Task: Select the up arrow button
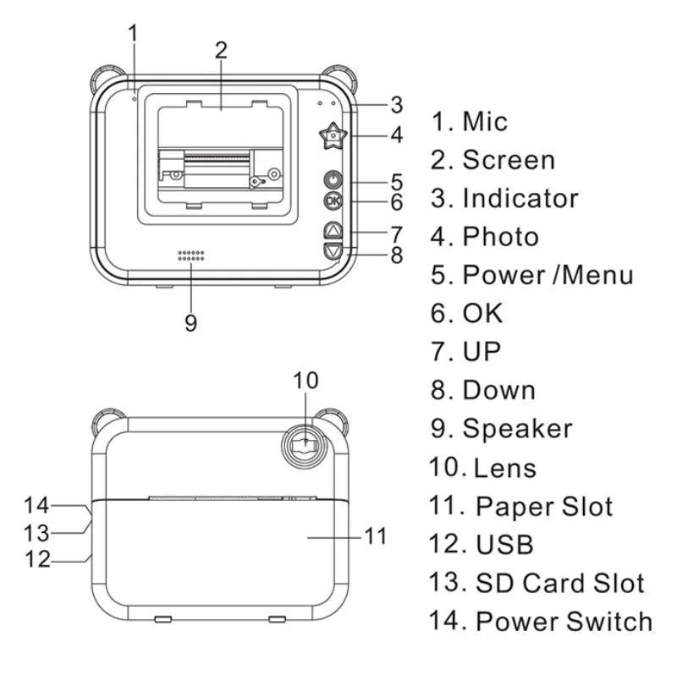tap(333, 230)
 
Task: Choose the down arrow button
tap(333, 250)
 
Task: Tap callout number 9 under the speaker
tap(191, 322)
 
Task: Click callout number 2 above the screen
tap(221, 49)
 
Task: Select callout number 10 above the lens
tap(306, 381)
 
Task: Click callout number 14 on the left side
tap(37, 506)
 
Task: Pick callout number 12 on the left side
tap(37, 559)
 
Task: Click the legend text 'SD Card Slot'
tap(559, 583)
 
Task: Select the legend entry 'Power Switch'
tap(564, 621)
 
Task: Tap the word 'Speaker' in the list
tap(517, 428)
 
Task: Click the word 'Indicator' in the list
tap(520, 198)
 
